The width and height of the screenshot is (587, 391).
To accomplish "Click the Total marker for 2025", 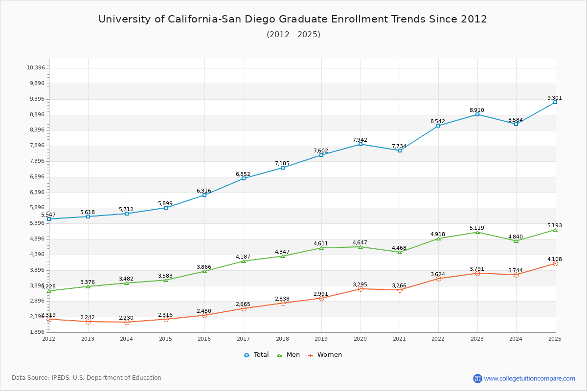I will [555, 102].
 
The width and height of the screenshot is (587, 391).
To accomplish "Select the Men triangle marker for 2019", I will [321, 248].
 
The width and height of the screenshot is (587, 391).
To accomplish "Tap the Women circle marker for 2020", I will [361, 289].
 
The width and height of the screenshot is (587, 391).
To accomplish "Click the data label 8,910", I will [477, 110].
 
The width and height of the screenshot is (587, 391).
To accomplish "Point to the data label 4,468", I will [399, 248].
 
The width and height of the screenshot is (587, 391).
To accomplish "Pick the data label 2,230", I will [126, 318].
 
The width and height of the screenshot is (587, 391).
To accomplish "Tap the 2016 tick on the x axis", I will [204, 338].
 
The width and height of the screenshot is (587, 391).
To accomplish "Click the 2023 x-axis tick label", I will [477, 338].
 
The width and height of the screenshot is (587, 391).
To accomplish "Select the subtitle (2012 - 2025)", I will [293, 34].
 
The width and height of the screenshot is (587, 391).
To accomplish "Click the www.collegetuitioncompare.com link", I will [529, 378].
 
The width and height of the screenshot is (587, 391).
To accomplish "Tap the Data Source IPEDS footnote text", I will [87, 378].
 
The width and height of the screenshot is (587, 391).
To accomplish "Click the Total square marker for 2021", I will [399, 151].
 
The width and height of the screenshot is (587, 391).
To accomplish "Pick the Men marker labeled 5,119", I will [477, 232].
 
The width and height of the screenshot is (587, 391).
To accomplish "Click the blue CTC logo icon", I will [477, 378].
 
